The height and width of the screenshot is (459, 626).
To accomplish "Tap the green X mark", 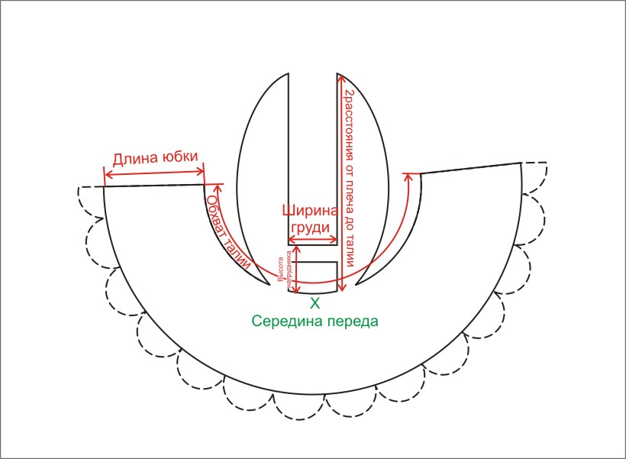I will pos(314,304).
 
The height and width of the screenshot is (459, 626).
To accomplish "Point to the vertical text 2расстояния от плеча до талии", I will pos(349,177).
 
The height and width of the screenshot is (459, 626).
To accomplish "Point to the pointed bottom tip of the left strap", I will pos(270,287).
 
